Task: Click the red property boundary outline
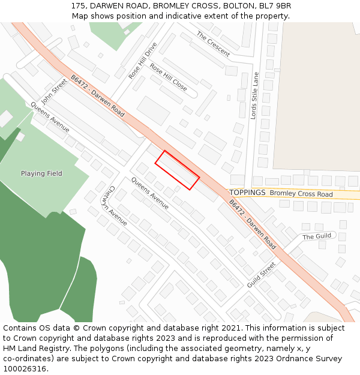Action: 177,170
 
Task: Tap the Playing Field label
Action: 41,174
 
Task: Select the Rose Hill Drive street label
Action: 143,60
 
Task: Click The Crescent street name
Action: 213,44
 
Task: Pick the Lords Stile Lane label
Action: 254,96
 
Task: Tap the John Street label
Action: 55,91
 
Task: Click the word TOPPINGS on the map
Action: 247,193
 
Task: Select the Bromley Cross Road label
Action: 301,194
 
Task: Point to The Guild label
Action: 316,236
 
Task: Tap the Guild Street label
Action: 261,274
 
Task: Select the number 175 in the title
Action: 77,6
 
